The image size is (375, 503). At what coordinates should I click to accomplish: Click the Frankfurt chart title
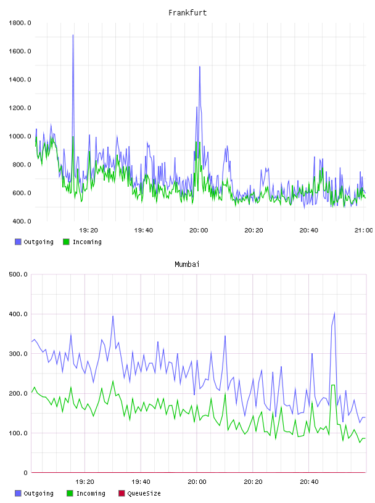(187, 13)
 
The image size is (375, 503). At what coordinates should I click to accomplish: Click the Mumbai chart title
(187, 264)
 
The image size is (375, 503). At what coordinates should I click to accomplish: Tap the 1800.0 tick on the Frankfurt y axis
(20, 23)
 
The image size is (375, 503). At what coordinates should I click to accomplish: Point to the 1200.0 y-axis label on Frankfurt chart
(20, 108)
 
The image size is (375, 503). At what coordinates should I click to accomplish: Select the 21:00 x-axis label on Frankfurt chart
(364, 230)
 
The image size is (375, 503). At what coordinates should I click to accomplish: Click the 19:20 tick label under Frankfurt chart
(89, 230)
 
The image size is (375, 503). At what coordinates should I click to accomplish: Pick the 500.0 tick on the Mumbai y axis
(19, 274)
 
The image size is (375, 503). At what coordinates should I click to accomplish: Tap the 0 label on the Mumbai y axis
(26, 473)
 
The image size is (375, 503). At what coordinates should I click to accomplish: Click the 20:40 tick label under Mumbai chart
(309, 481)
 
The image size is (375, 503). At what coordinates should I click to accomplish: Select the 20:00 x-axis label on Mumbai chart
(197, 481)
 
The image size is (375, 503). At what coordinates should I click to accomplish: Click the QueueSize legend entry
(139, 493)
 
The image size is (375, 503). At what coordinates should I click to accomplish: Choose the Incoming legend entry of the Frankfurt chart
(83, 242)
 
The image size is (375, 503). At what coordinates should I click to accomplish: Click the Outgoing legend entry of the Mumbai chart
(35, 493)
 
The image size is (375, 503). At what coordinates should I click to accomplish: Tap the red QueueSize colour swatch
(122, 493)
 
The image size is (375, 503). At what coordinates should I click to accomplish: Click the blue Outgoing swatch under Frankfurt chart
(18, 242)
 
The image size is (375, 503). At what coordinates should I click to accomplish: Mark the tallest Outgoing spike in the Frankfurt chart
(73, 35)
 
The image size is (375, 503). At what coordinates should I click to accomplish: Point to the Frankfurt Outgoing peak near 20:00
(200, 67)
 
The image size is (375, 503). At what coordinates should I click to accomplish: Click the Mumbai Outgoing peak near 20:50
(334, 313)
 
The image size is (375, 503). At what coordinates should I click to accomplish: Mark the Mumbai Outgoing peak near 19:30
(113, 316)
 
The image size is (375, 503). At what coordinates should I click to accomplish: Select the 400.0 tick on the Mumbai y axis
(19, 314)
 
